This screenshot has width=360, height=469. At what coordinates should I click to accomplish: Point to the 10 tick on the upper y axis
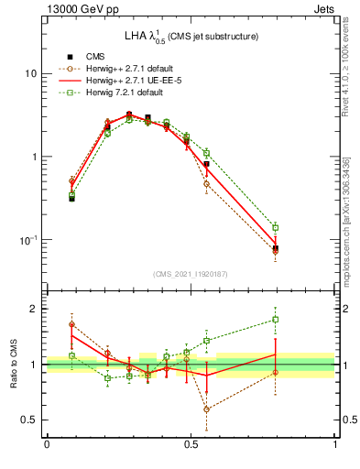tap(32, 73)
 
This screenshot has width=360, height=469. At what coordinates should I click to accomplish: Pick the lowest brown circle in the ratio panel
tap(206, 409)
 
